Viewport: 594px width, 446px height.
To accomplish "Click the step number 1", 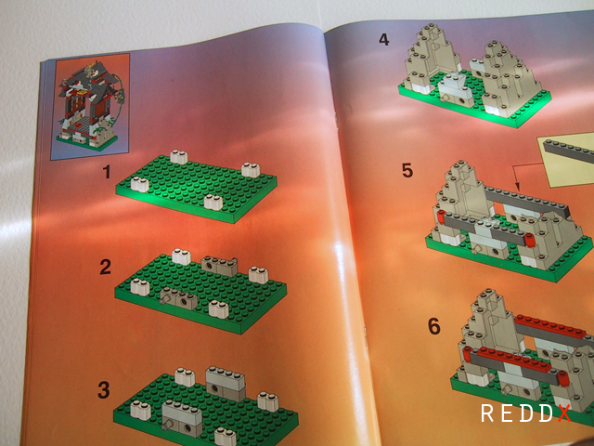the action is tap(108, 172).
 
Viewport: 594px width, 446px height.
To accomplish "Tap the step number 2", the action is tap(105, 267).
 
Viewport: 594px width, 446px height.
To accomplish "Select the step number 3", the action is tap(104, 390).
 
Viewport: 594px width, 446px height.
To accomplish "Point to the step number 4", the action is tap(383, 39).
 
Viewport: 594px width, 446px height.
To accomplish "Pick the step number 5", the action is tap(407, 170).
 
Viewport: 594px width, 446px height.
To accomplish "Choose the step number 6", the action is tap(434, 326).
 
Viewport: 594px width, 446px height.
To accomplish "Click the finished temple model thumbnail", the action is tap(90, 107).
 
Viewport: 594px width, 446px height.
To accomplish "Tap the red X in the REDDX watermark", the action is tap(564, 413).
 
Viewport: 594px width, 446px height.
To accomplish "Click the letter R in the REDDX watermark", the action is tap(486, 413).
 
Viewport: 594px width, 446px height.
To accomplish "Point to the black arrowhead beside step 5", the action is tap(517, 187).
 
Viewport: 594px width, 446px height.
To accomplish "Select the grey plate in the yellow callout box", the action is tap(569, 151).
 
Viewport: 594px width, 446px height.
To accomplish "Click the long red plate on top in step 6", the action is tap(550, 326).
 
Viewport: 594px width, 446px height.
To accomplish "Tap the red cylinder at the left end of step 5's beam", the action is tap(441, 216).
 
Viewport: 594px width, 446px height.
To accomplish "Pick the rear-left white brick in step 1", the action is tap(179, 157).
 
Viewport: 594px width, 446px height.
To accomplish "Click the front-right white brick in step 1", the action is tap(213, 203).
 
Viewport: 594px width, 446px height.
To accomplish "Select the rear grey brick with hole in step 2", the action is tap(219, 266).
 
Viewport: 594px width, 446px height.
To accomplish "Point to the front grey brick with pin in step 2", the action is tap(179, 298).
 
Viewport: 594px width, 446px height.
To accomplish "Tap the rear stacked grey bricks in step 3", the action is tap(226, 384).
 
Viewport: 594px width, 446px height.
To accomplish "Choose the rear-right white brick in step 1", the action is tap(251, 170).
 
